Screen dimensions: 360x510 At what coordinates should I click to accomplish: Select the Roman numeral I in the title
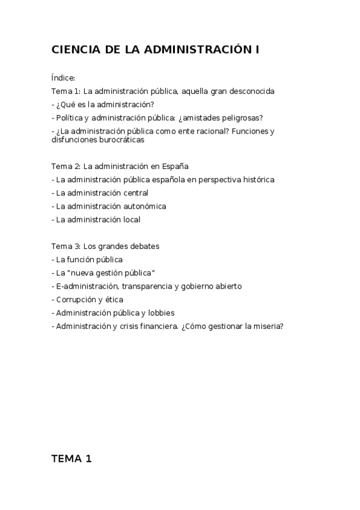257,51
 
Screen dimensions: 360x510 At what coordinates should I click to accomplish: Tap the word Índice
63,78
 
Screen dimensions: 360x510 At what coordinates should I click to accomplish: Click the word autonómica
144,206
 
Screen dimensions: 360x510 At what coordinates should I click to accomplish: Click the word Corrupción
76,300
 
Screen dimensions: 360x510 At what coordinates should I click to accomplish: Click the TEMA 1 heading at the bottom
72,458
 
